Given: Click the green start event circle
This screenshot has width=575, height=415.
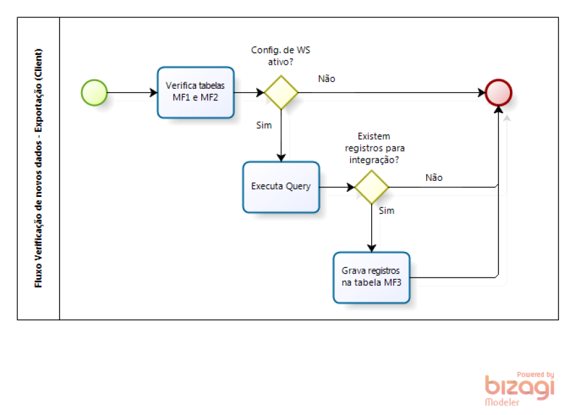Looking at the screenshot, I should [94, 92].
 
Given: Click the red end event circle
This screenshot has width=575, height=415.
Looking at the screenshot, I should [498, 92].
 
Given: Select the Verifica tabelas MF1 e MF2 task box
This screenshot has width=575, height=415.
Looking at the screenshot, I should [195, 92].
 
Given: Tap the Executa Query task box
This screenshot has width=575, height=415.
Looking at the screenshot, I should [280, 187].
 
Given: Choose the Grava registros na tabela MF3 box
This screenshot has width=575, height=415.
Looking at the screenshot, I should [371, 278].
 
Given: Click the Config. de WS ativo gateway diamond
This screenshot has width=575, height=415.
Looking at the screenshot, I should [281, 93].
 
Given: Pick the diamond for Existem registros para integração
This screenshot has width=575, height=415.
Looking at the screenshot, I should [371, 187].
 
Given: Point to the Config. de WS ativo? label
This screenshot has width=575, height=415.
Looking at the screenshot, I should [281, 56].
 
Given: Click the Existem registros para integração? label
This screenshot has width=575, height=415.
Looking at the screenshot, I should [374, 148].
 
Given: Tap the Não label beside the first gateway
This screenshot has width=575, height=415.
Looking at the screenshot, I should [326, 79].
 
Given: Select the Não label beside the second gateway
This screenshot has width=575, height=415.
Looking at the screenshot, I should [434, 178].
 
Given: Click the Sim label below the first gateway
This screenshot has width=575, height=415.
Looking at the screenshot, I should [264, 125].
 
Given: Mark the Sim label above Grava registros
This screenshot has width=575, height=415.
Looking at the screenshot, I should [387, 210].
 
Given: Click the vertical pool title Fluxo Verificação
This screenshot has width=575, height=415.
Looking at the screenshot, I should [38, 168].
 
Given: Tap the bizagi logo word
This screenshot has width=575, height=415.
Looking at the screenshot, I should [519, 388].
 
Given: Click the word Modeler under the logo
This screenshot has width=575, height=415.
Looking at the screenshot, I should [502, 403].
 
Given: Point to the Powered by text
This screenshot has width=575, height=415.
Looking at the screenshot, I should [535, 375].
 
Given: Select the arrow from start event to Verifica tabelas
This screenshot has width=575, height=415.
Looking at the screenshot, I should [132, 93].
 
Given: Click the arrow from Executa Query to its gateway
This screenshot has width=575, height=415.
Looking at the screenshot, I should [337, 187].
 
